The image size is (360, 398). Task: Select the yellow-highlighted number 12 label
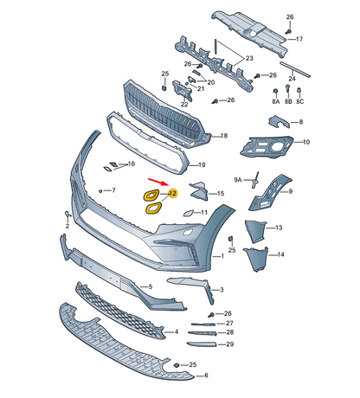coord(172,193)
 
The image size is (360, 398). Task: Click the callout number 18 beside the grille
coord(223,136)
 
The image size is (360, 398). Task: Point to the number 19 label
coord(202,164)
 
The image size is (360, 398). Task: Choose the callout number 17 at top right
coord(299,40)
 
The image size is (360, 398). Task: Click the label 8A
coord(276,101)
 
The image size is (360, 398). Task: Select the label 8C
coord(300,101)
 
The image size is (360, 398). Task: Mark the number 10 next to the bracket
coord(305,142)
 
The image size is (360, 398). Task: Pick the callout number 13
coord(279,227)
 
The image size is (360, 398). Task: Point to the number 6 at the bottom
coord(205,376)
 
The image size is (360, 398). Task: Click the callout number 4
coord(177,331)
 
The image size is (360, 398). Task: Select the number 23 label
coord(248,58)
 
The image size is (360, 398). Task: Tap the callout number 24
coord(292,78)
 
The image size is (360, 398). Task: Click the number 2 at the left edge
coord(66,224)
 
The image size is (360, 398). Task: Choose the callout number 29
coord(229,344)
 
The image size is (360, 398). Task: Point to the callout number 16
coord(131,164)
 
